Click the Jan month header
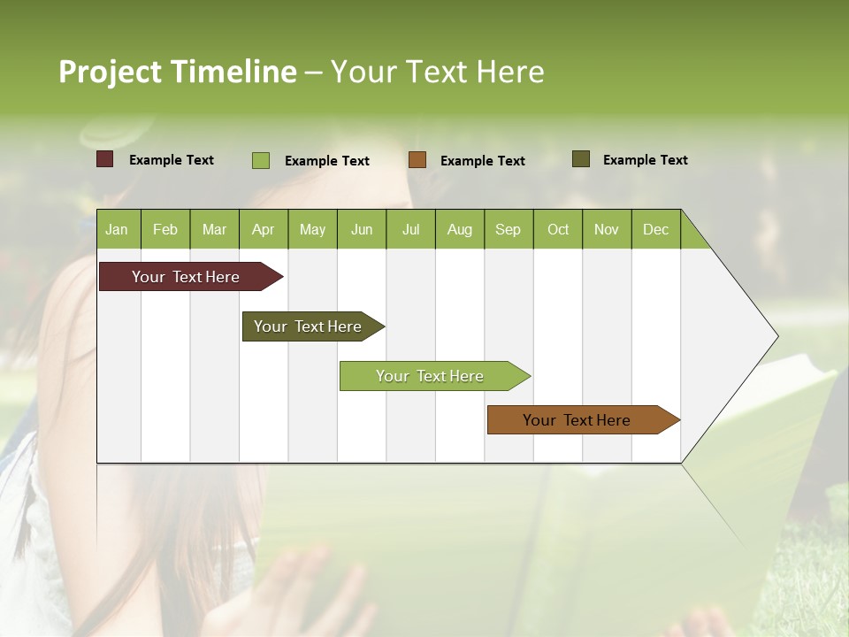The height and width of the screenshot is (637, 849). coord(117,229)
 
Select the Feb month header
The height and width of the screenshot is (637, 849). coord(165,229)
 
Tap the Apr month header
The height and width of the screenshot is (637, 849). coord(263,229)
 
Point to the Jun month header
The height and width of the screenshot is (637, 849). coord(362,229)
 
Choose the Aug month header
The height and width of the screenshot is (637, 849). coord(460,229)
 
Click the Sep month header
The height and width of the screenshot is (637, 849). coord(508,229)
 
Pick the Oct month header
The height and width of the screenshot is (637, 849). coord(558,229)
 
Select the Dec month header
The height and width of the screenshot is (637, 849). coord(655,229)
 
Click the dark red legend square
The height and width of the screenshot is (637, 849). coord(105,159)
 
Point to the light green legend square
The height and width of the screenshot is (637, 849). coord(261,160)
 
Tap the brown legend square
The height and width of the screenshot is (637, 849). coord(417,160)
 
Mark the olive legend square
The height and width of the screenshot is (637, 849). coord(580,159)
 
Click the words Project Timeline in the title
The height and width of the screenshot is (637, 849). coord(178,72)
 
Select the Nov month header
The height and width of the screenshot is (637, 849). coord(607,229)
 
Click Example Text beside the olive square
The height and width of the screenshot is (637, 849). coord(645,160)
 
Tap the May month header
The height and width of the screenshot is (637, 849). coord(312,229)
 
